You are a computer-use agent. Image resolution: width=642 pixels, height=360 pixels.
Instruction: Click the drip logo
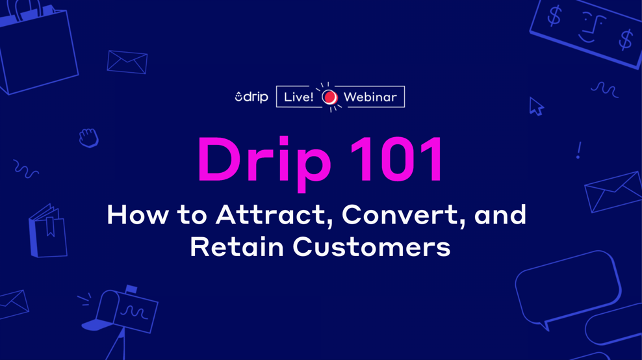tap(251, 97)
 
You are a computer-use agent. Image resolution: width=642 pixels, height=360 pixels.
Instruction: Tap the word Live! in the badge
tap(298, 97)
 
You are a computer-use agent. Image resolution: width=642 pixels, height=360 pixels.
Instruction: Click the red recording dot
tap(329, 97)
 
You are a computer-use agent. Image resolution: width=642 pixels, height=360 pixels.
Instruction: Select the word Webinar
tap(370, 97)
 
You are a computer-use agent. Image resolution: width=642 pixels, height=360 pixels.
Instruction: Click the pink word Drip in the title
tap(264, 161)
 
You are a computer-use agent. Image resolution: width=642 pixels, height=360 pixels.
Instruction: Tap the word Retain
tap(237, 247)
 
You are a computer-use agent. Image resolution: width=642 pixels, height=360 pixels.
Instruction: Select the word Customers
tap(371, 247)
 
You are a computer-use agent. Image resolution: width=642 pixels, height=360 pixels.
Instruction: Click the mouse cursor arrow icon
tap(535, 107)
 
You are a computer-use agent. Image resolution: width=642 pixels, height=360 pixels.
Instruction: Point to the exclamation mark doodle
tap(578, 151)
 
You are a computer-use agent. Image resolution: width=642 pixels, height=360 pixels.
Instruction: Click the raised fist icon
tap(88, 138)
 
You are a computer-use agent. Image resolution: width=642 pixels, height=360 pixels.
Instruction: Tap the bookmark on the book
tap(50, 225)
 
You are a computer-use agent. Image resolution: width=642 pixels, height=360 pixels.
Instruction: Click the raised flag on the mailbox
tap(131, 289)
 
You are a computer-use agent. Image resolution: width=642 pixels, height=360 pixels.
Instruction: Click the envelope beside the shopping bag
tap(127, 62)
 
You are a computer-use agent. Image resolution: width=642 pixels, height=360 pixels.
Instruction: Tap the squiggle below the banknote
tap(604, 89)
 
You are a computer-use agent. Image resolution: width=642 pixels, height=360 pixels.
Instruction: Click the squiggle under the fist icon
tap(26, 170)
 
